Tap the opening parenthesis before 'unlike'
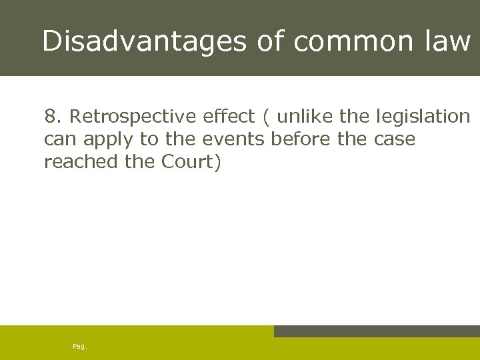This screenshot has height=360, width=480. click(267, 117)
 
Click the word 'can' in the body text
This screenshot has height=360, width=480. click(57, 140)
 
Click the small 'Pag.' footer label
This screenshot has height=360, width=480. click(79, 347)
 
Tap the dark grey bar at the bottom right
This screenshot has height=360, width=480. click(377, 331)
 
